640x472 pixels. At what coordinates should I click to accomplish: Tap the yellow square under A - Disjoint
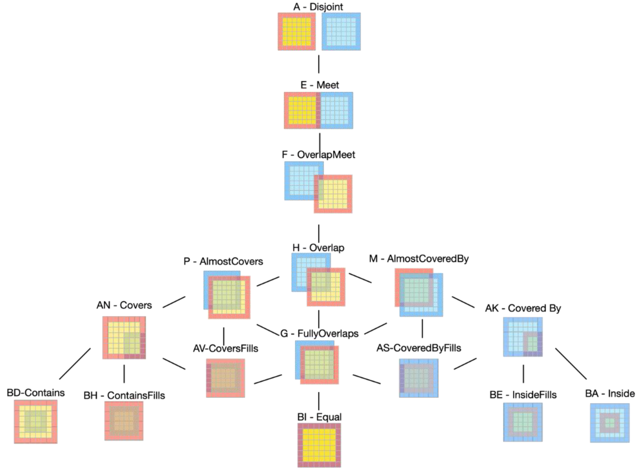click(x=297, y=31)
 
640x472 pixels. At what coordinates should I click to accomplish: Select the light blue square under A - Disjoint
click(x=341, y=31)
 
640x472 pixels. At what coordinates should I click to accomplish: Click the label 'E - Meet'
click(x=319, y=85)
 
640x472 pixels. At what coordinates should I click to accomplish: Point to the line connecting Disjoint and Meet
click(x=318, y=64)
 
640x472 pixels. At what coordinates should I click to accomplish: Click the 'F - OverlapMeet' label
click(x=318, y=154)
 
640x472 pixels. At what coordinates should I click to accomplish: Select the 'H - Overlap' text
click(x=318, y=248)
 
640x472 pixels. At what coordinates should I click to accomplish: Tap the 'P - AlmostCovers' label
click(x=223, y=261)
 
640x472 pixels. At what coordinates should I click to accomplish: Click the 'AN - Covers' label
click(x=124, y=305)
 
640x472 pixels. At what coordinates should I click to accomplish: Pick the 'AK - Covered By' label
click(x=523, y=308)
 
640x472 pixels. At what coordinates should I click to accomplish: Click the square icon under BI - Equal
click(x=319, y=445)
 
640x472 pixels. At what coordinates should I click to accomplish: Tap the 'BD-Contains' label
click(x=36, y=393)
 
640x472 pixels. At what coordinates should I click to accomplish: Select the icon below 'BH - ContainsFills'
click(x=124, y=421)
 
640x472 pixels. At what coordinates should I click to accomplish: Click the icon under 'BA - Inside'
click(x=610, y=423)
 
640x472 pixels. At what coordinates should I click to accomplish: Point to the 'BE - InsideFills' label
click(x=523, y=395)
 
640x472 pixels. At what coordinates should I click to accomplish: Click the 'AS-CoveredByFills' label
click(x=419, y=348)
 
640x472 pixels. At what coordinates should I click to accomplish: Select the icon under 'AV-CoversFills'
click(x=225, y=378)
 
